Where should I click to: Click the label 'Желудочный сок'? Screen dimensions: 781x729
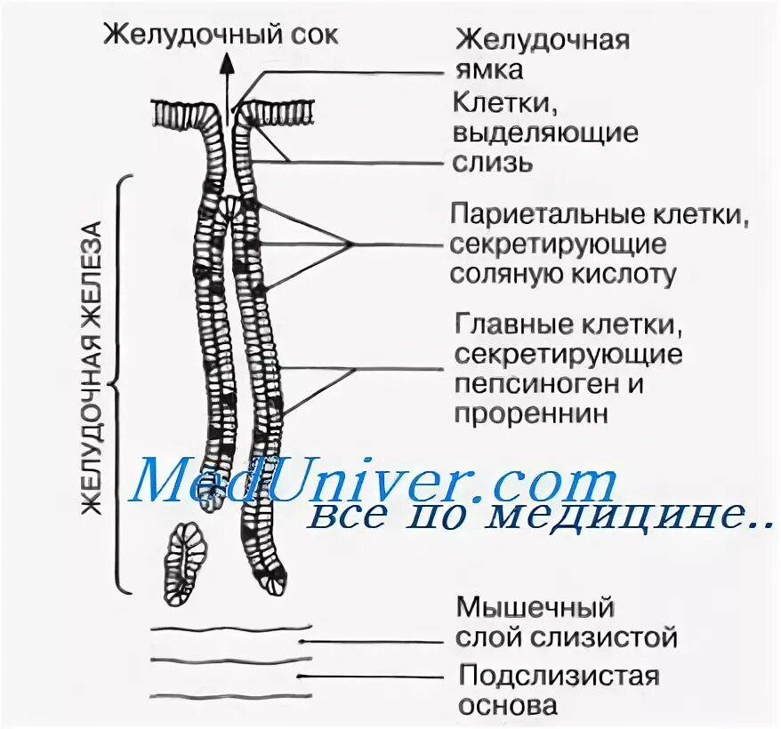point(221,35)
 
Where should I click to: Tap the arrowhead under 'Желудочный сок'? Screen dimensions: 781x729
point(228,62)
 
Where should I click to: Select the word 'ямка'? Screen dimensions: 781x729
point(487,70)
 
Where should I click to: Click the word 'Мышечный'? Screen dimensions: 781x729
point(535,609)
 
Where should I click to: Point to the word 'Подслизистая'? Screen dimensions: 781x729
point(559,676)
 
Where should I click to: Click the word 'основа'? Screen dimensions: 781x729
point(508,705)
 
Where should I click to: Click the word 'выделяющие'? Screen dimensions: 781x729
point(546,133)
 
